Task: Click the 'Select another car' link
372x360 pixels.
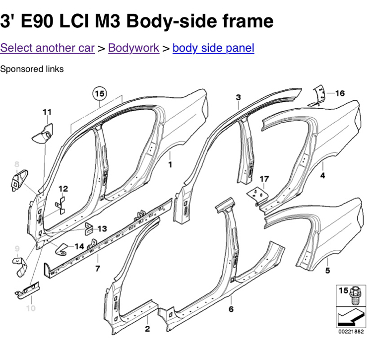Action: coord(47,48)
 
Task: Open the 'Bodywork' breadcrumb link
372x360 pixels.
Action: coord(133,48)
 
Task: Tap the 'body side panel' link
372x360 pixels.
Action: coord(213,48)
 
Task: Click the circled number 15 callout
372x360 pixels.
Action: coord(99,93)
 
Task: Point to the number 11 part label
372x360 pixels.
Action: coord(47,112)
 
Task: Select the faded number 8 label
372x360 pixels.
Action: coord(16,164)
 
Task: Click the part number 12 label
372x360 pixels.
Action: coord(63,189)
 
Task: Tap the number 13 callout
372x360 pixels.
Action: coord(102,229)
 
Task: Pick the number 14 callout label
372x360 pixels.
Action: coord(79,246)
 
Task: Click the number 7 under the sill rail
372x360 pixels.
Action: coord(98,269)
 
